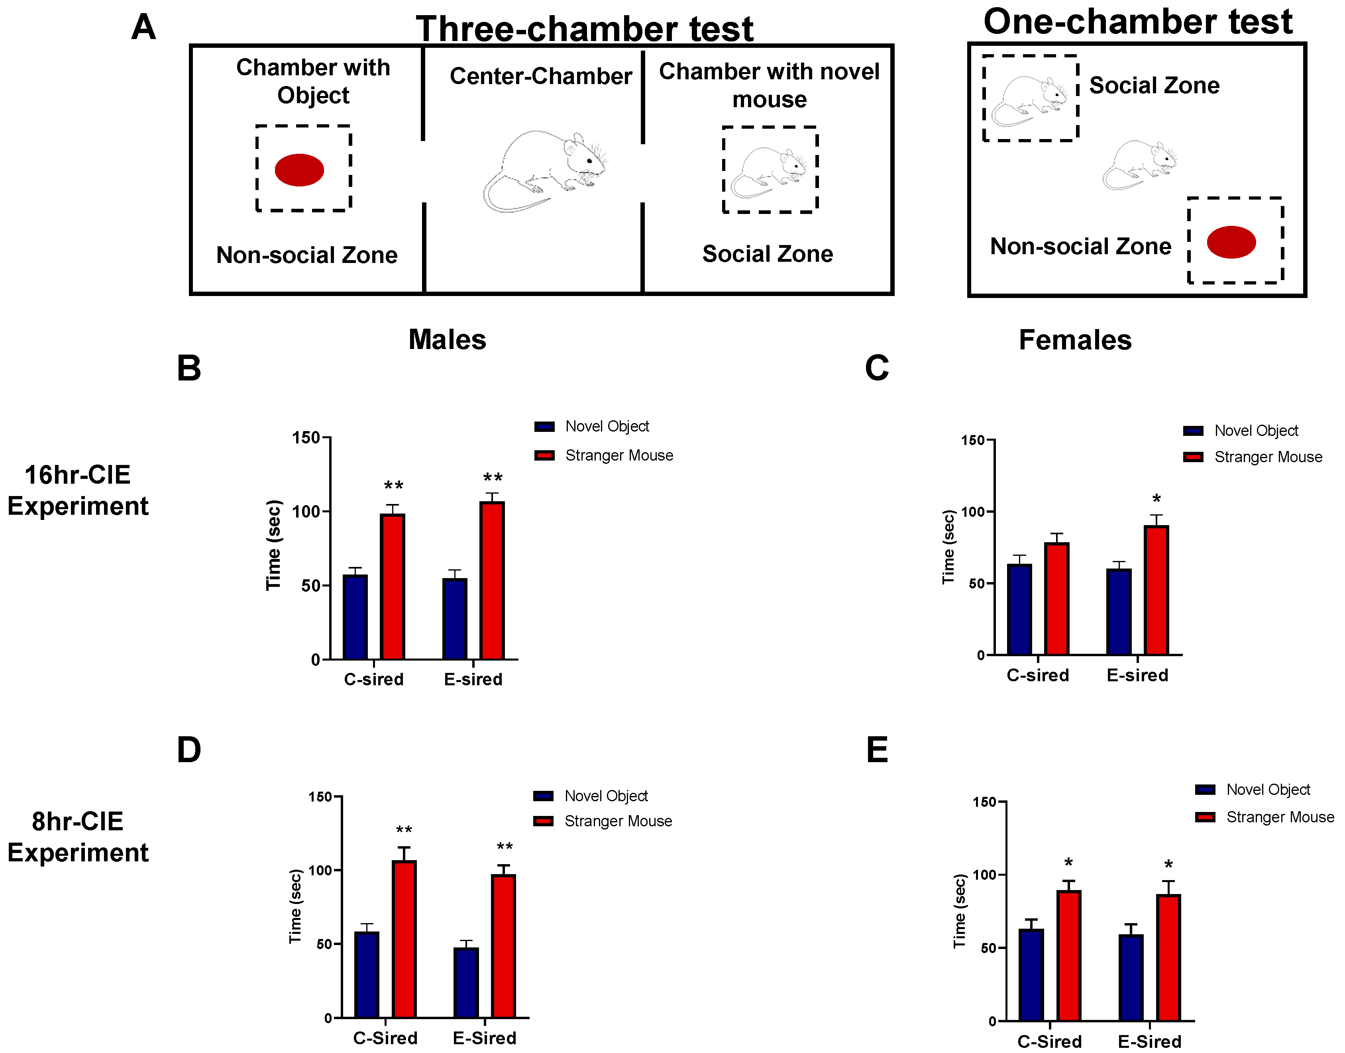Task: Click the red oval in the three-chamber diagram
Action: (x=299, y=170)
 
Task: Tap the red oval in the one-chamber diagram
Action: (x=1231, y=242)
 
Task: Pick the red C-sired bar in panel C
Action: (x=1056, y=598)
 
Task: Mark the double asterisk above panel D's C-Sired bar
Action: (x=404, y=830)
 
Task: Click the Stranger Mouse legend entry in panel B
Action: (x=619, y=456)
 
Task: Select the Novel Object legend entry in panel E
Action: (x=1267, y=790)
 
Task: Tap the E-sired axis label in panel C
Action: (x=1137, y=675)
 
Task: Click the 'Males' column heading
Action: (x=447, y=340)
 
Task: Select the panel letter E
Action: (x=877, y=750)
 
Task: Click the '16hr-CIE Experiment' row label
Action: (x=78, y=491)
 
